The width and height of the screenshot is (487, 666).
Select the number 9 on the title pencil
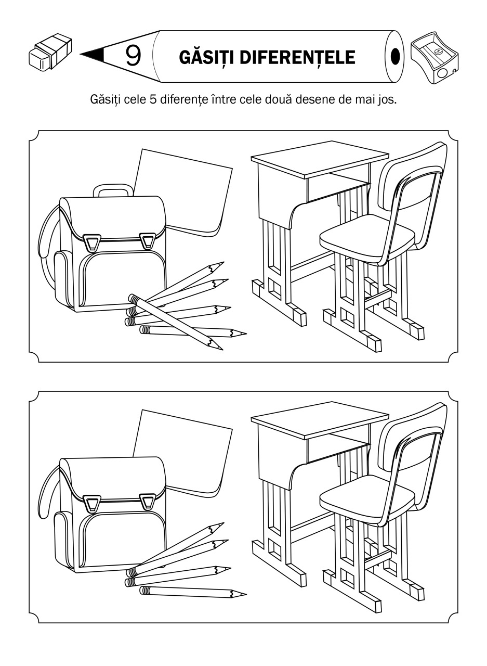(x=133, y=56)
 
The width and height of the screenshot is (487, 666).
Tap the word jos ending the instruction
(x=387, y=99)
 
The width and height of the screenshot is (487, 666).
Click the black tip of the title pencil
(x=94, y=54)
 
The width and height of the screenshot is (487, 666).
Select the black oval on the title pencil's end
(x=395, y=55)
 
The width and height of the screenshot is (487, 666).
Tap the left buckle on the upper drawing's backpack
(x=94, y=242)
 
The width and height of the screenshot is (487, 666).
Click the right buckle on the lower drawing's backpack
(x=148, y=502)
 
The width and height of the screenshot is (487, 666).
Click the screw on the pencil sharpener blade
(x=438, y=52)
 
